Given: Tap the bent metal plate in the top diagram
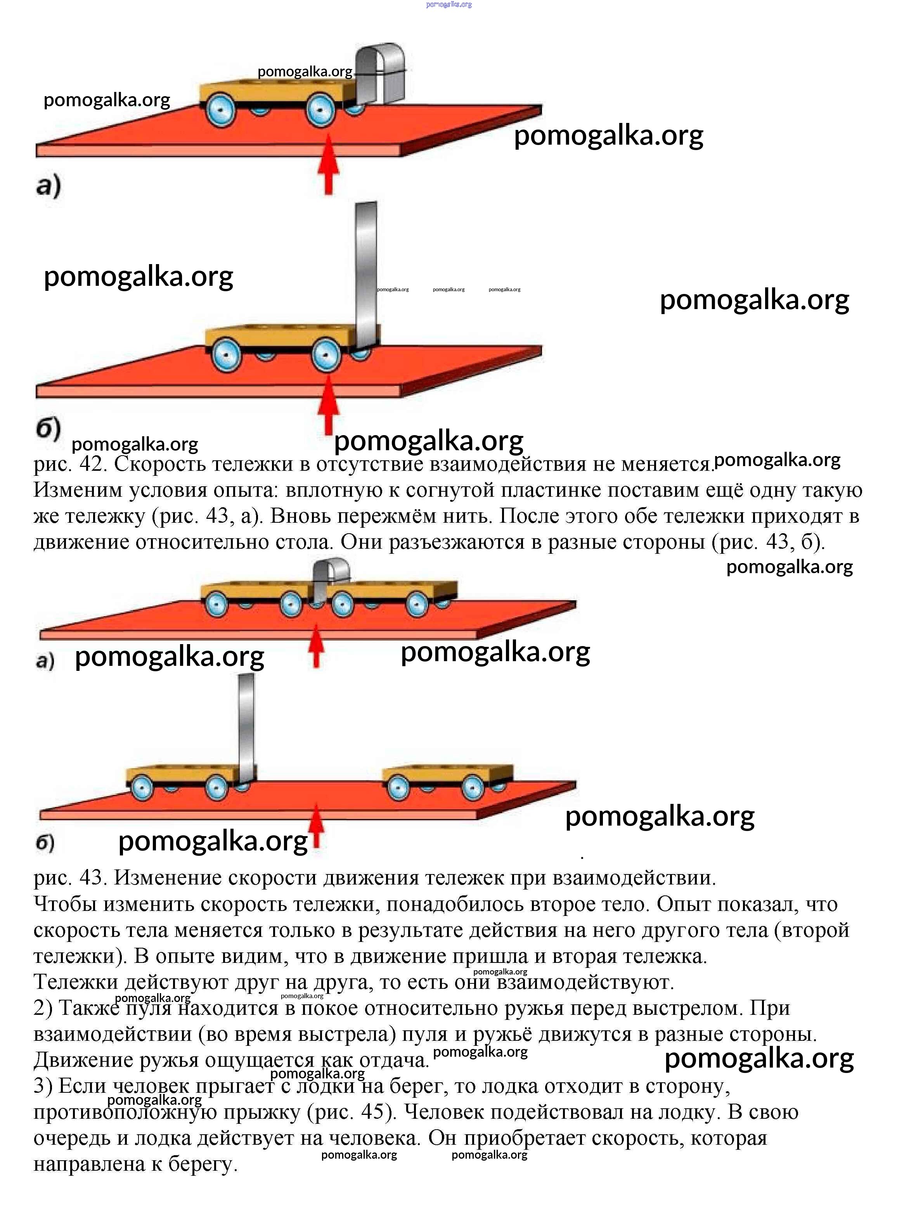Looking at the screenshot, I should click(x=380, y=73).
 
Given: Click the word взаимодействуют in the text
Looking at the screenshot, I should click(x=585, y=982).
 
